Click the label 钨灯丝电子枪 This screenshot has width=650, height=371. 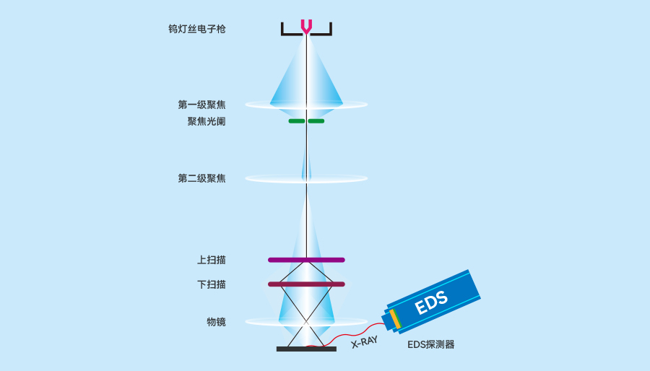196,30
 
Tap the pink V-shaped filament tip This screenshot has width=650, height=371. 306,27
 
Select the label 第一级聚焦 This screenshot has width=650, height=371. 201,105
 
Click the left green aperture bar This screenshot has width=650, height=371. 296,121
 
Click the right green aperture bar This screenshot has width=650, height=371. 316,121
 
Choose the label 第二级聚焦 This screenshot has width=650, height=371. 201,178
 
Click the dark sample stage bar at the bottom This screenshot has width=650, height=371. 306,349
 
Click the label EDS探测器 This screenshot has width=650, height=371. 431,345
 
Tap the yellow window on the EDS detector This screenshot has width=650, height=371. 394,319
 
